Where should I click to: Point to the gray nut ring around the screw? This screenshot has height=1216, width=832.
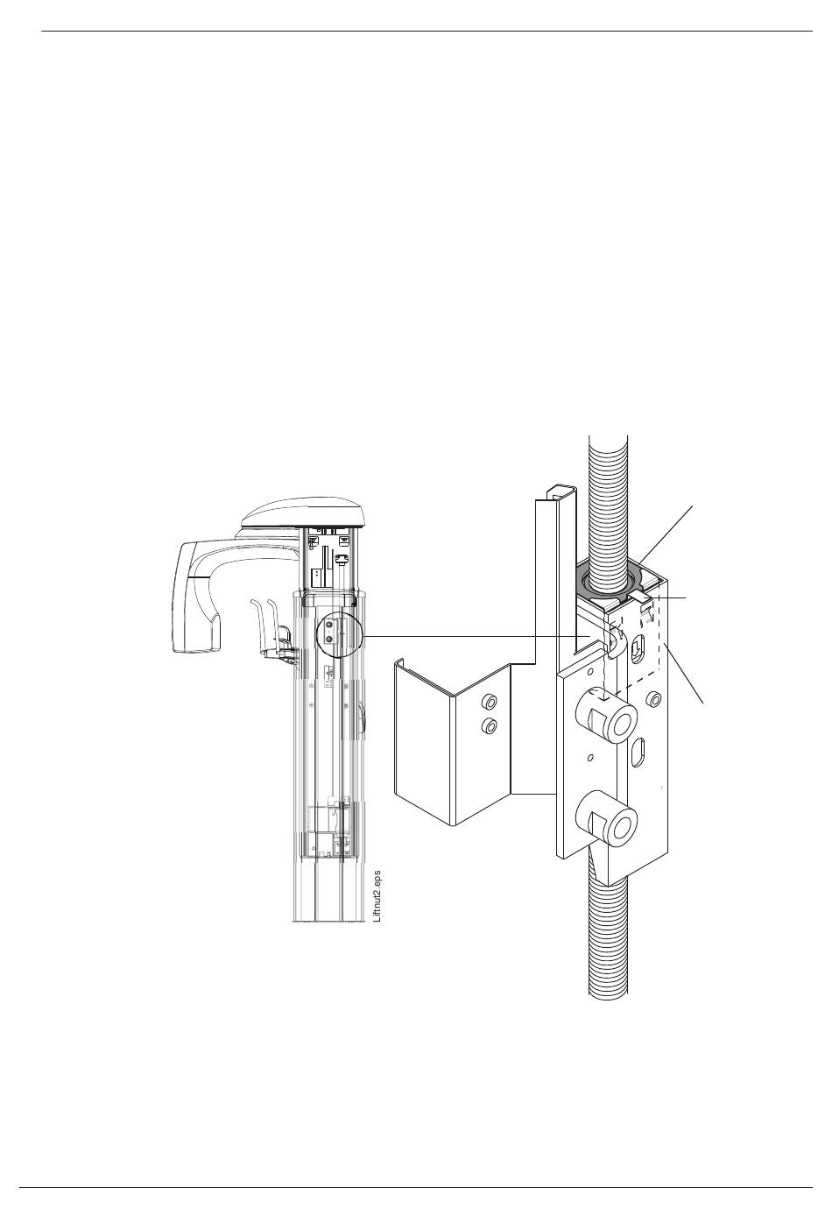click(607, 581)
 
